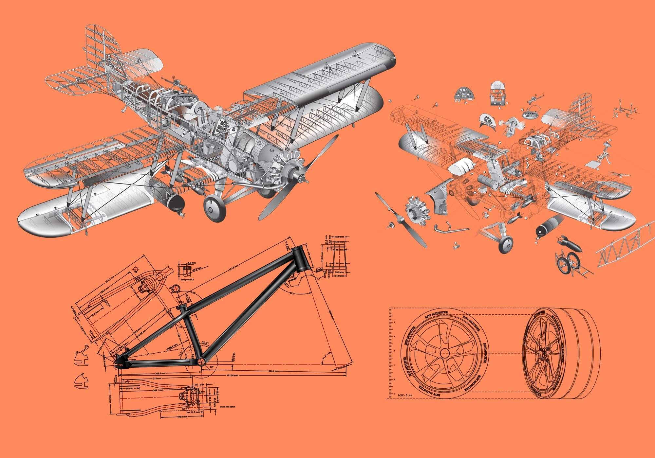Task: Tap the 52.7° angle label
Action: pos(205,343)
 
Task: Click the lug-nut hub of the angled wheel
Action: pos(543,352)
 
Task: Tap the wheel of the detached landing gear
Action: pos(506,244)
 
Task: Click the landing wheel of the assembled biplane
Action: pos(215,207)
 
